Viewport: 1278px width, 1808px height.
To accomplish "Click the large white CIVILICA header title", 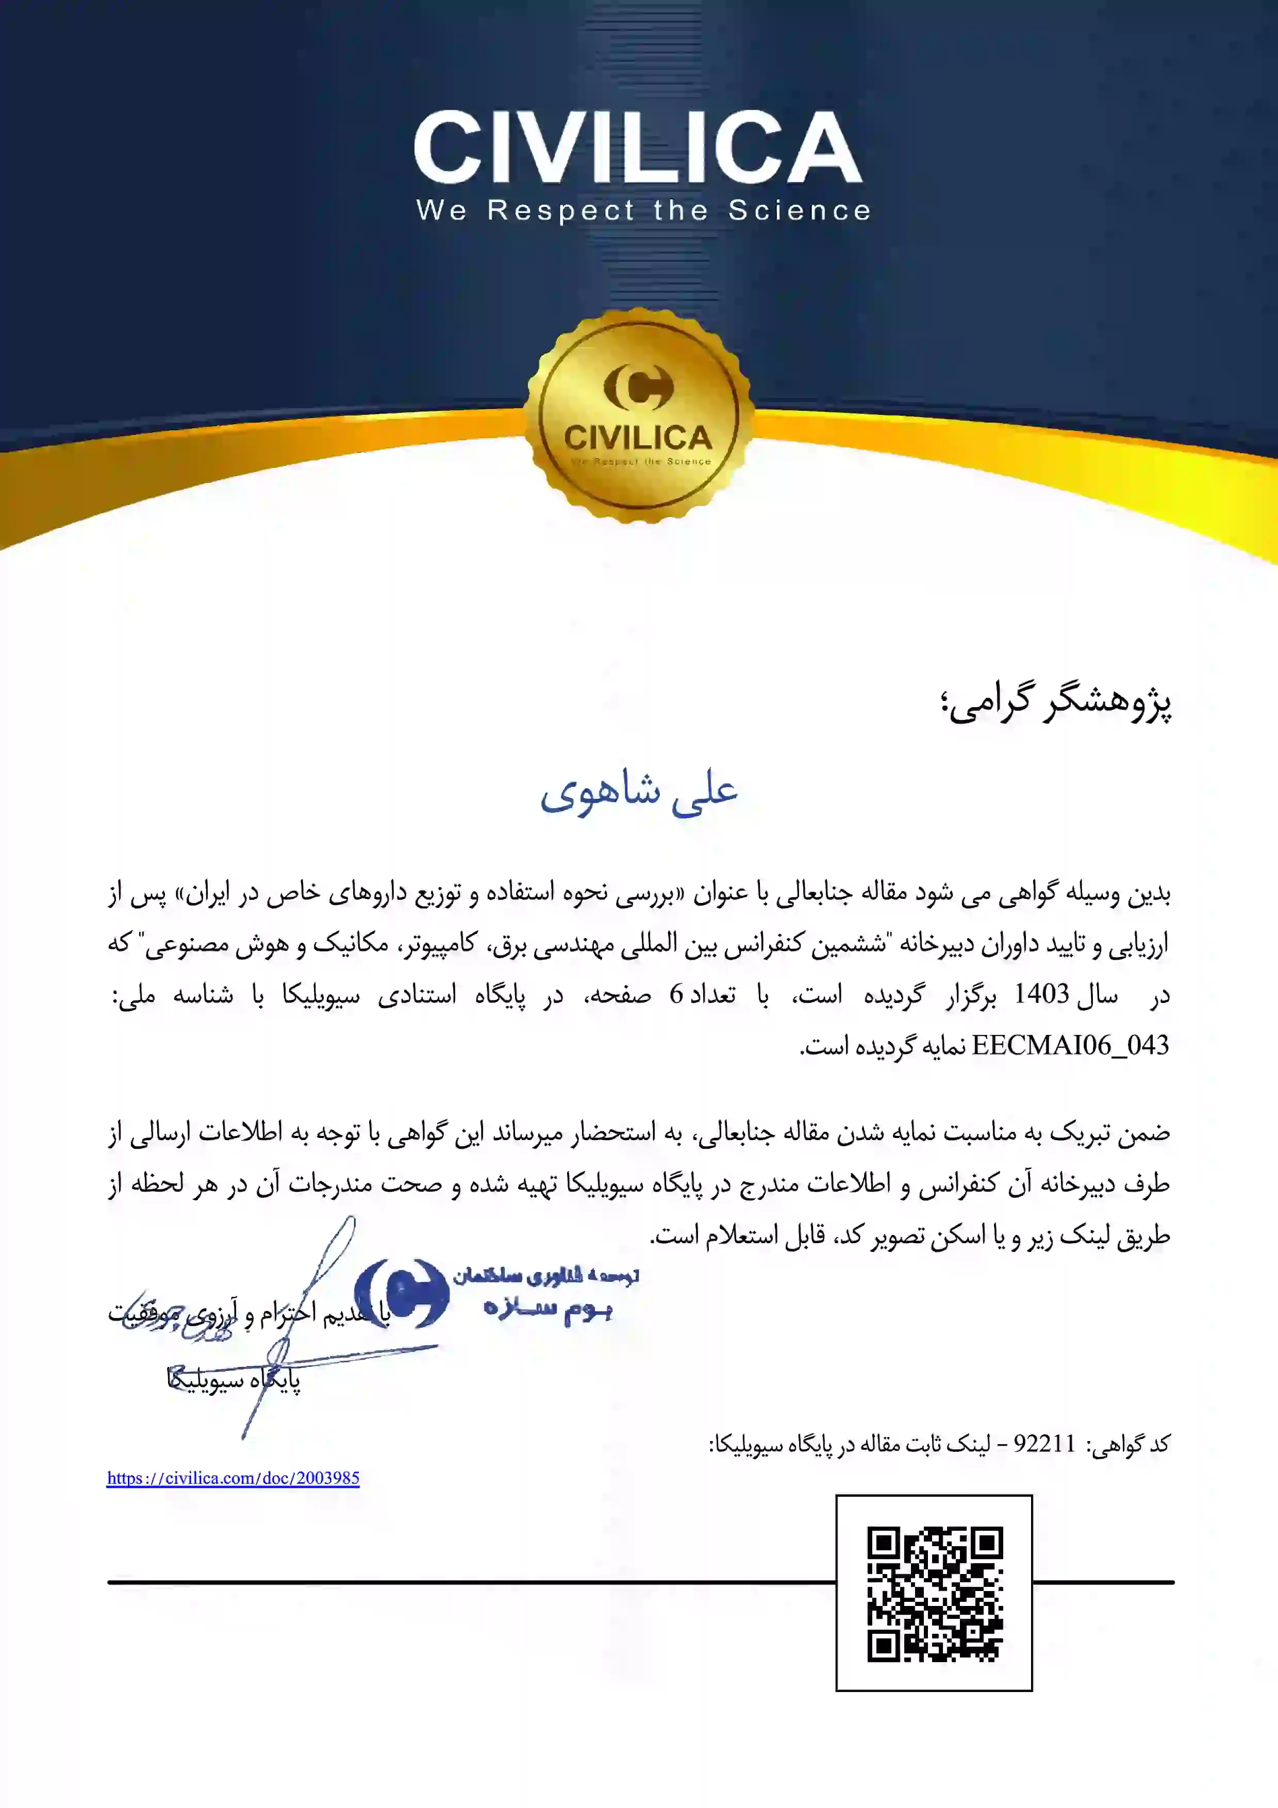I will tap(638, 147).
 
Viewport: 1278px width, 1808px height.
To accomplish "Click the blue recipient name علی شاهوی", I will tap(639, 792).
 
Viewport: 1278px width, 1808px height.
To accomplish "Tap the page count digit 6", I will tap(676, 995).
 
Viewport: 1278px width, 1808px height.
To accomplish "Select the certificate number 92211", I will tap(1044, 1444).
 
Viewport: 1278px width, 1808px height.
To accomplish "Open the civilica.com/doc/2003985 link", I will tap(233, 1478).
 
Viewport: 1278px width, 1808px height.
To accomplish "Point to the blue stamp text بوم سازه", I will tap(549, 1308).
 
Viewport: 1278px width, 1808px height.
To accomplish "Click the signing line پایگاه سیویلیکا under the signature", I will tap(234, 1380).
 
